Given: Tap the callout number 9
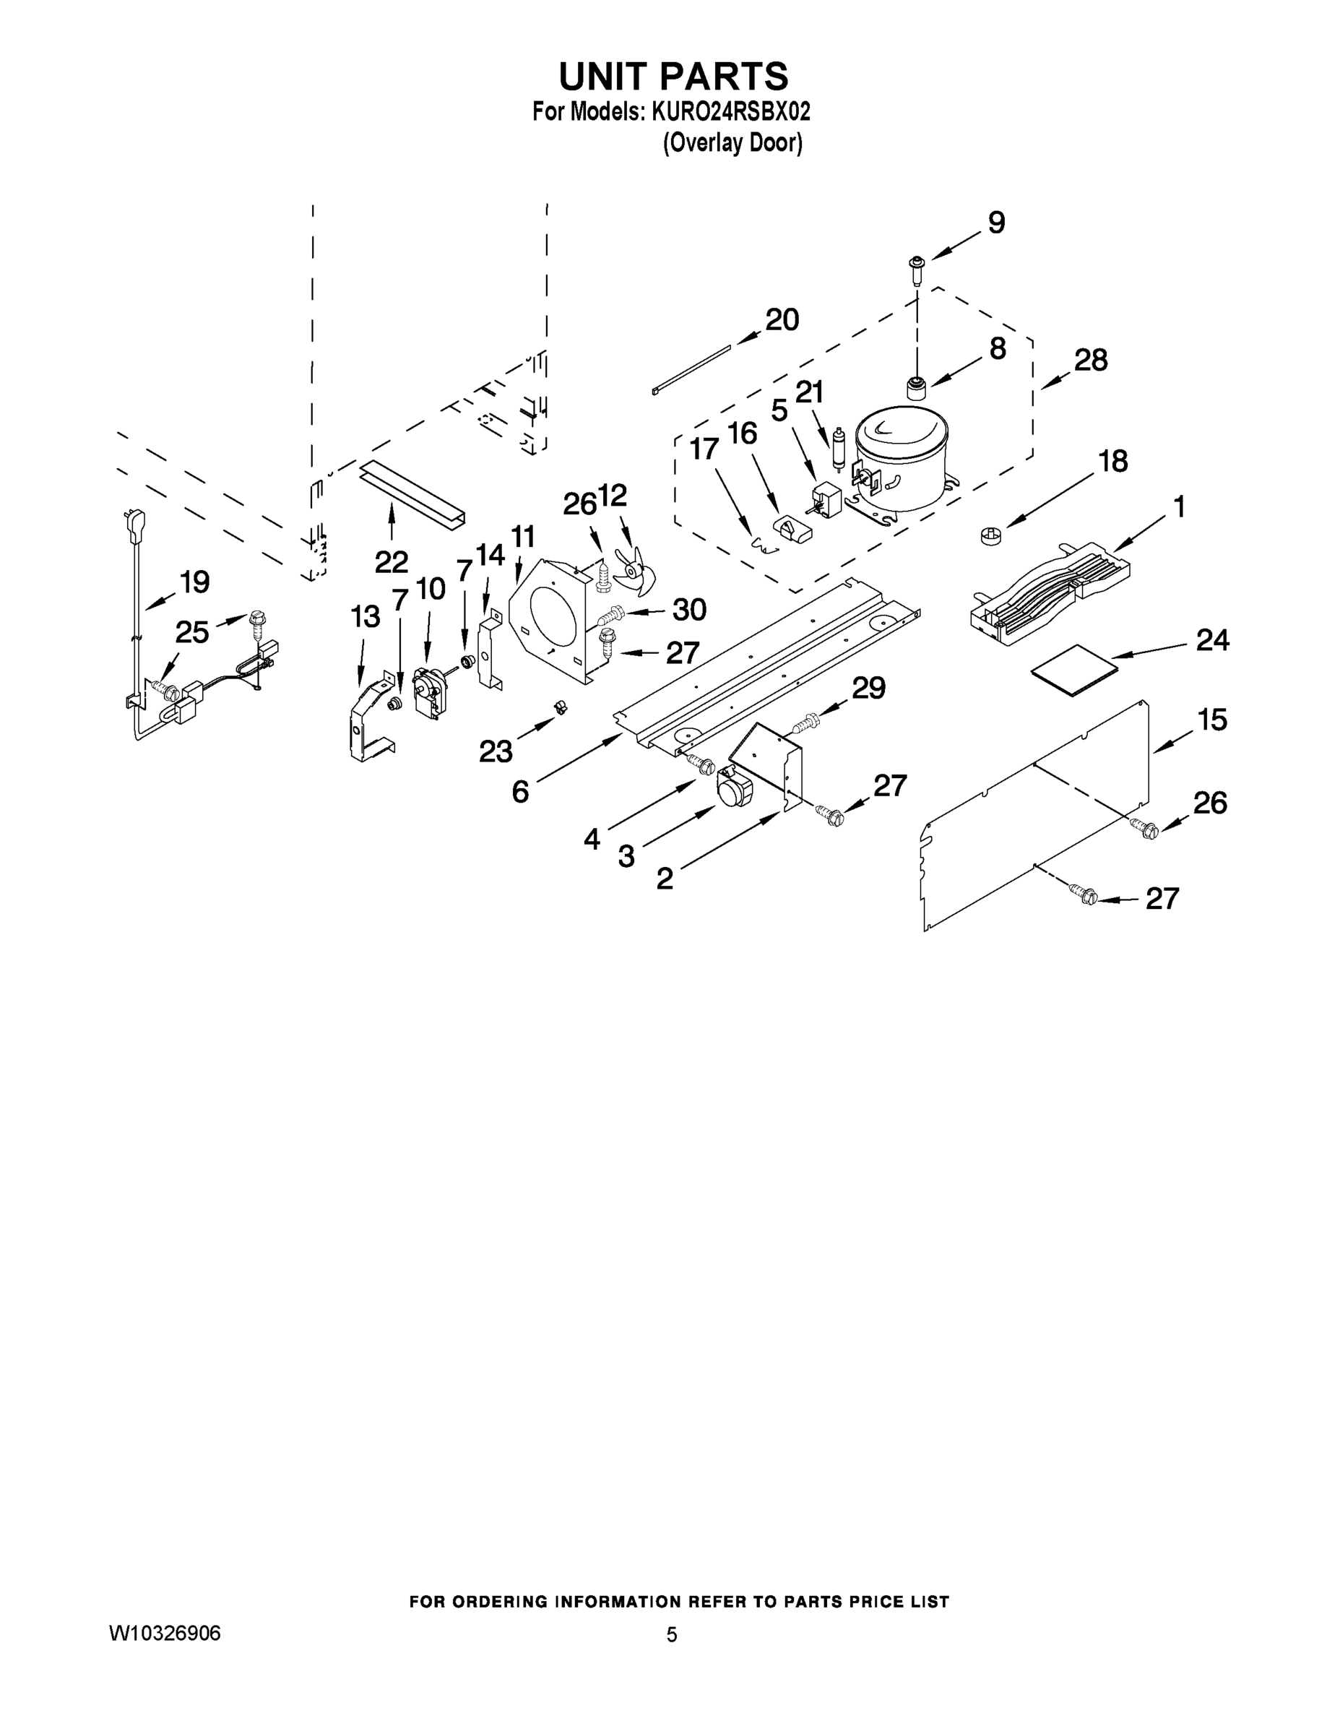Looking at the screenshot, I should point(995,223).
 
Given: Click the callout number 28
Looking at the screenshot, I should point(1090,361).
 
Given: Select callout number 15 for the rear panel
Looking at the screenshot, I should point(1211,720).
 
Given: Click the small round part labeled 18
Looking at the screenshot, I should point(988,537).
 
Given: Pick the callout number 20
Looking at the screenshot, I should point(781,320).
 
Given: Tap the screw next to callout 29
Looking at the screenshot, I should point(803,722).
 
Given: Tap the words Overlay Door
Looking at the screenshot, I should point(732,143).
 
